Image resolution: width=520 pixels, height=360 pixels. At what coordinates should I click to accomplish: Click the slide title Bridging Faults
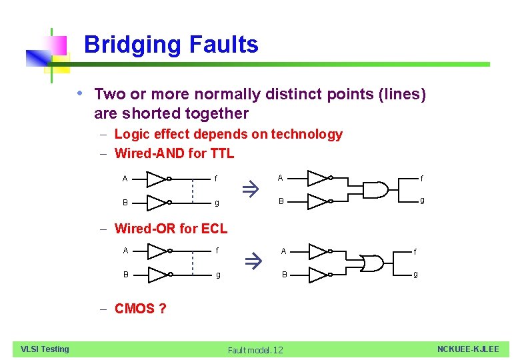(171, 45)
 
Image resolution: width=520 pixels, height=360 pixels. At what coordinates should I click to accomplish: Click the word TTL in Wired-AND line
(221, 153)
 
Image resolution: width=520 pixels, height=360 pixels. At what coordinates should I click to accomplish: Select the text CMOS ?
(140, 309)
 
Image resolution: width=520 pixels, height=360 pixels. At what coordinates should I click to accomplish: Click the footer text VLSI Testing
(45, 349)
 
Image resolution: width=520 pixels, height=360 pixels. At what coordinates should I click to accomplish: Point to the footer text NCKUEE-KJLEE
(467, 349)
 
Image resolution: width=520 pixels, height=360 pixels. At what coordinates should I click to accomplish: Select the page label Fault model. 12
(255, 350)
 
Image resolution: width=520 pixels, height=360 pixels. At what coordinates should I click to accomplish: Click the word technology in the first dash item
(306, 134)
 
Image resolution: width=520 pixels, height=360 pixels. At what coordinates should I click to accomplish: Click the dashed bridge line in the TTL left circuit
(192, 189)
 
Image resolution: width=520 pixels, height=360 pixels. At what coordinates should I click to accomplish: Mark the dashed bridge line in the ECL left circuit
(193, 263)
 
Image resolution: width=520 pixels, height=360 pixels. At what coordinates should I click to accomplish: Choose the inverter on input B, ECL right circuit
(318, 274)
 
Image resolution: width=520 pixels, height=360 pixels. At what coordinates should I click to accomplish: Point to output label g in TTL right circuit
(420, 200)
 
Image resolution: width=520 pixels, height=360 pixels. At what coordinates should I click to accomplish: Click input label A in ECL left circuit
(126, 251)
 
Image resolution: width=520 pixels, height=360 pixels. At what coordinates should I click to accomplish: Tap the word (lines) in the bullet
(401, 94)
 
